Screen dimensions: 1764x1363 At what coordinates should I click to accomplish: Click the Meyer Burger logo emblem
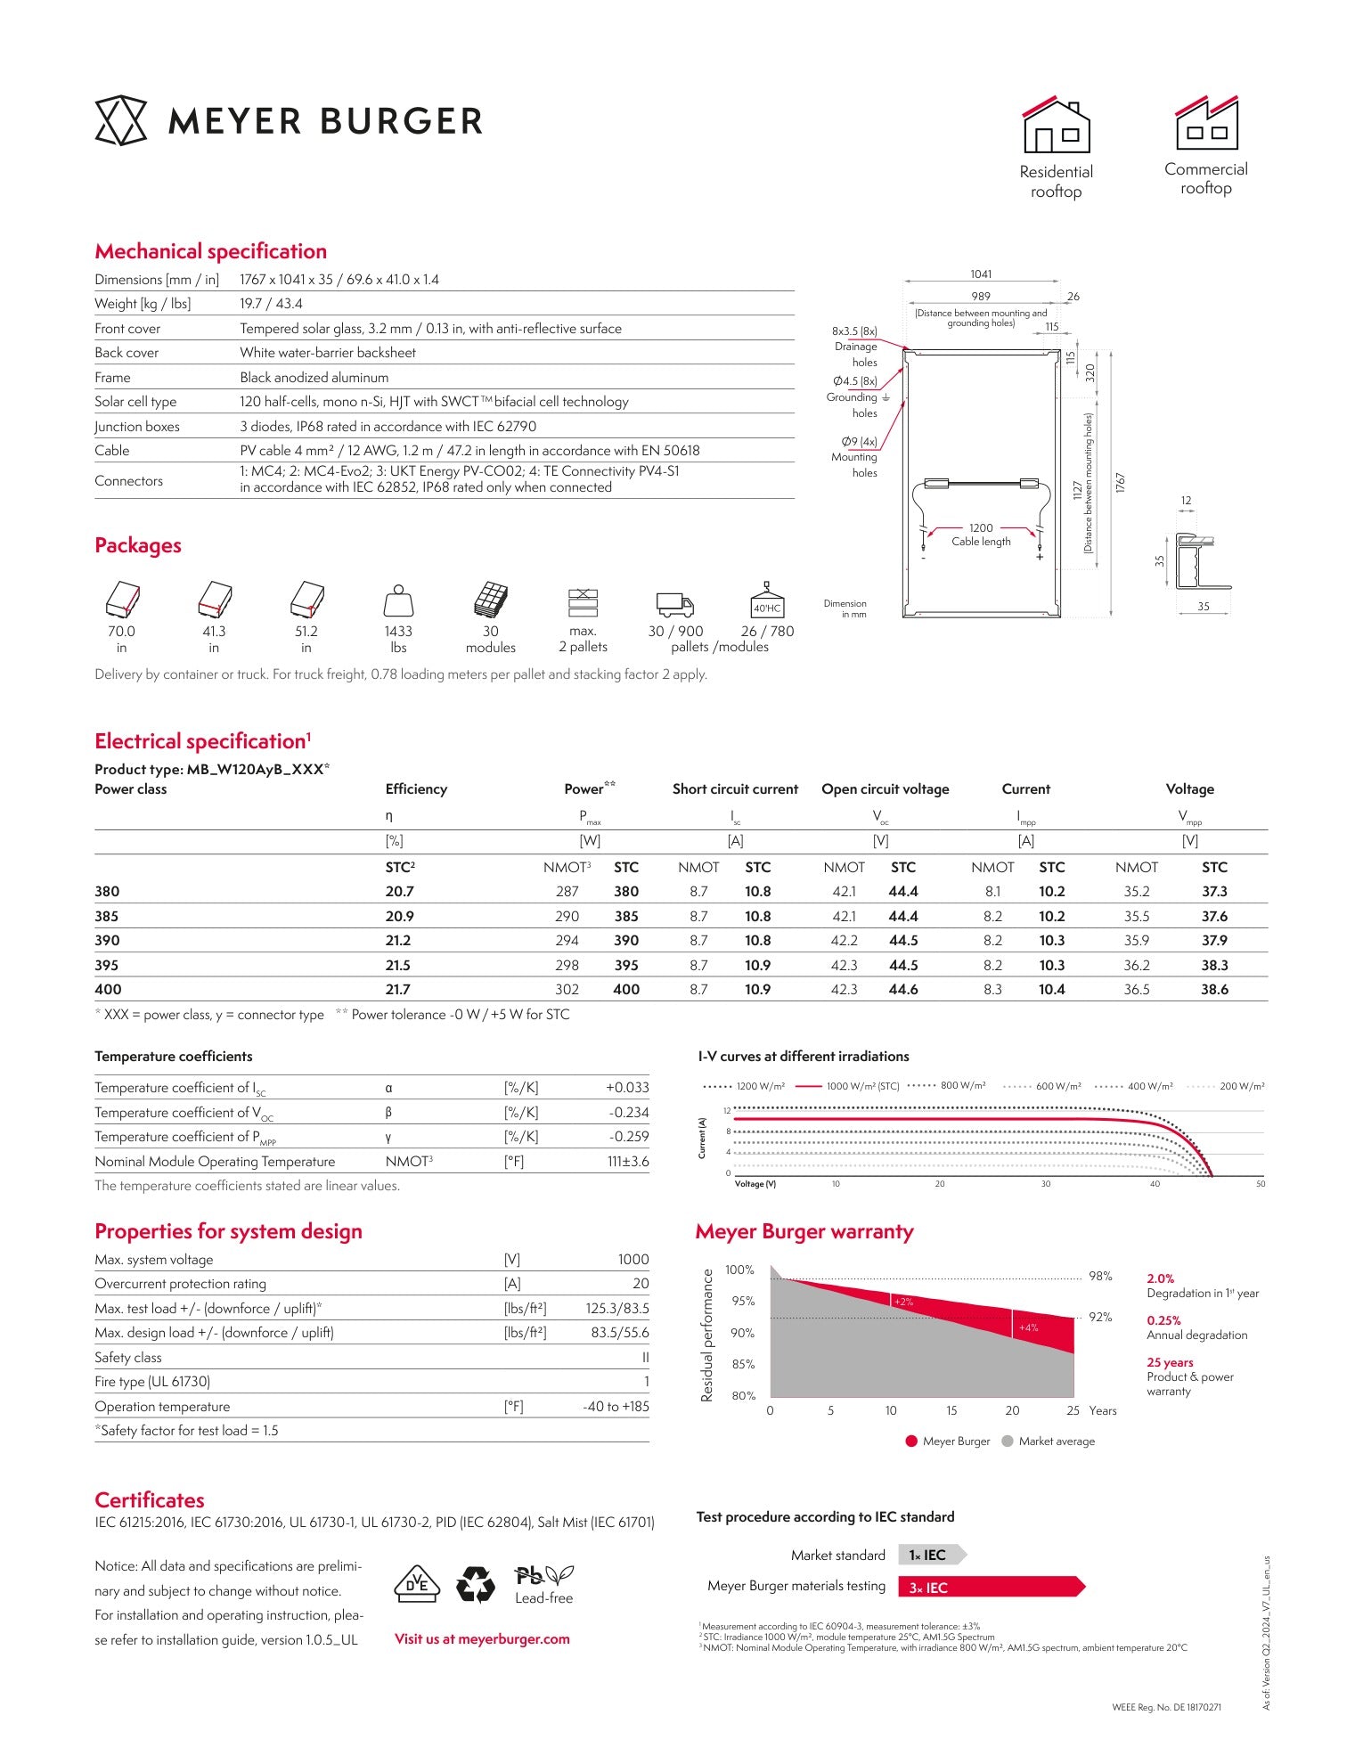point(120,120)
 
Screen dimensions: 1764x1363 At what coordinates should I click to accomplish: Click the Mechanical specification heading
point(210,251)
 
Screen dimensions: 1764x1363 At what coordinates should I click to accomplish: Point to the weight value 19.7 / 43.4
point(271,304)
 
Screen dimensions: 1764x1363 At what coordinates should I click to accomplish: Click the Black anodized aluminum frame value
point(314,378)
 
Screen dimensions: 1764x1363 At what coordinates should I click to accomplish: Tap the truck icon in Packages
point(674,604)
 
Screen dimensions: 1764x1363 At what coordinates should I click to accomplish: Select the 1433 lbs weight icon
point(398,602)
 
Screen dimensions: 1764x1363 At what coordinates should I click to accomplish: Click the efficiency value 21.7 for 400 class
point(398,989)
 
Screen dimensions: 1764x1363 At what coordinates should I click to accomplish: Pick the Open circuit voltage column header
point(885,789)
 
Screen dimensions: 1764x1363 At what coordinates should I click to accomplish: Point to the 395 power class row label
point(106,965)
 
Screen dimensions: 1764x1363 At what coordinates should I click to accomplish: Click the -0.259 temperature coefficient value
point(628,1137)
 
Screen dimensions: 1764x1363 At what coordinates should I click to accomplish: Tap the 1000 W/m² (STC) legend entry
point(847,1086)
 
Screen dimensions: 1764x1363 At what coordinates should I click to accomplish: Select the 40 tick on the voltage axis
point(1155,1184)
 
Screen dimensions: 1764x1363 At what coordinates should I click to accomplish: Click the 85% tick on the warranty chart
point(743,1364)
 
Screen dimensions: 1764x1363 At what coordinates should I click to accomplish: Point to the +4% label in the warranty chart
point(1028,1327)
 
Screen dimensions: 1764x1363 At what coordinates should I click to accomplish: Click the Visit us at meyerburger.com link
point(482,1638)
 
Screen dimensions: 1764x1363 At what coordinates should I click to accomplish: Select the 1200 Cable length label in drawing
point(981,535)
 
